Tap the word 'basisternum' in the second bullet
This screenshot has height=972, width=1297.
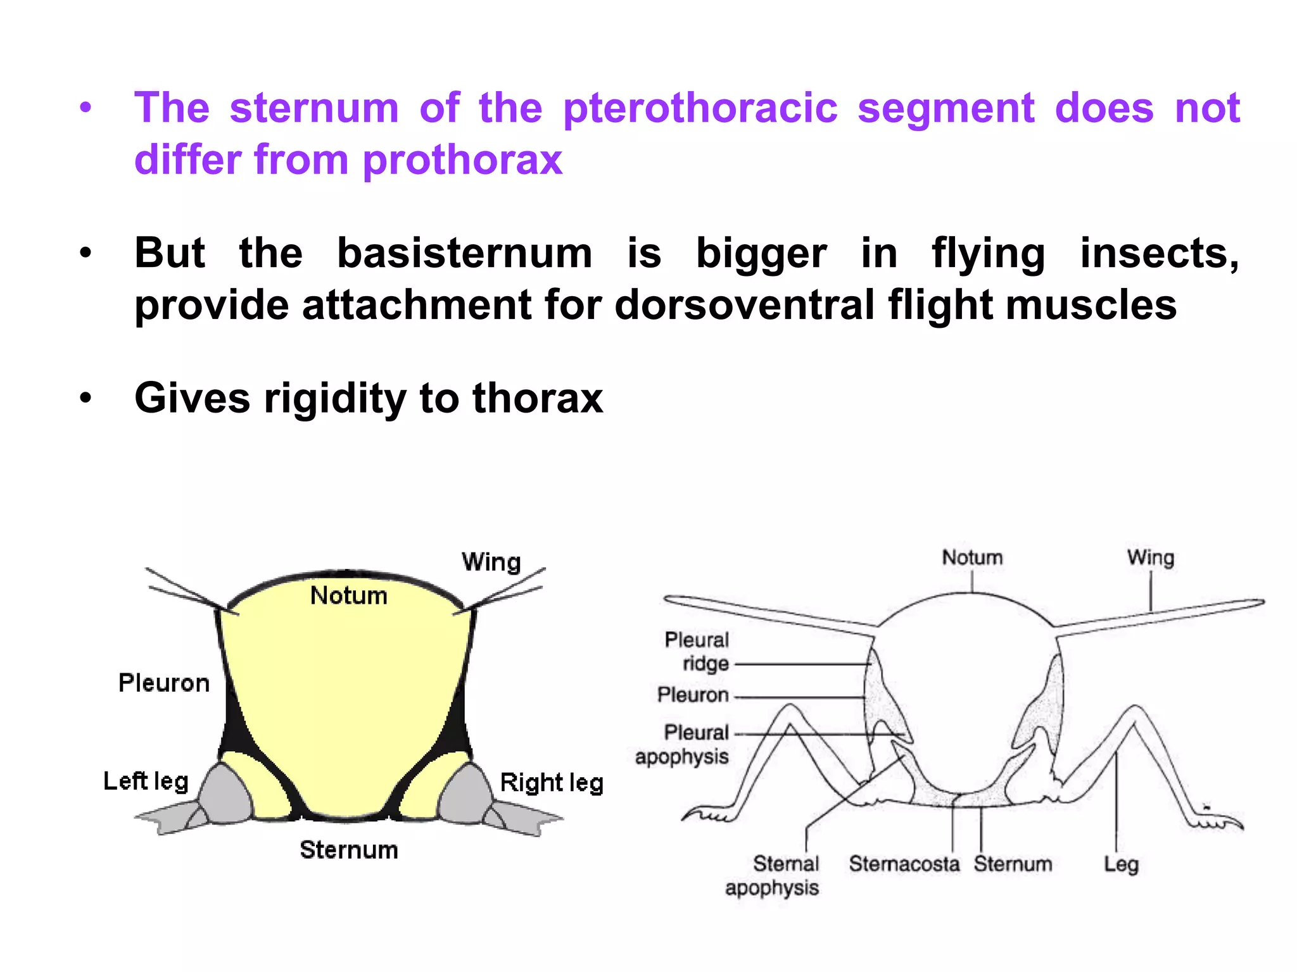coord(464,254)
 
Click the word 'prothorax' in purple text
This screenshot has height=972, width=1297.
coord(462,159)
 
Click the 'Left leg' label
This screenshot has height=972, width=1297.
coord(146,782)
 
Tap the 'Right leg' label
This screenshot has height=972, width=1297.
coord(551,783)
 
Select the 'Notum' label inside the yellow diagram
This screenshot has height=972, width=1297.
coord(348,595)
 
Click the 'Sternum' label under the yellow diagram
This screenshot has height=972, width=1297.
coord(349,850)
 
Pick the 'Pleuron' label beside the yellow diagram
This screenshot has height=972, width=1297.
coord(164,683)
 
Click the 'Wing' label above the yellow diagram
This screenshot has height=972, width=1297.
coord(491,562)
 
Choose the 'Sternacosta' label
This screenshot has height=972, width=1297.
coord(904,864)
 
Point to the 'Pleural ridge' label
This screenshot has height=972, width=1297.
coord(697,652)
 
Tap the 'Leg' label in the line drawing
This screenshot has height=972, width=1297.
coord(1121,864)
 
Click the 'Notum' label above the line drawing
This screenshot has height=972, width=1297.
coord(972,558)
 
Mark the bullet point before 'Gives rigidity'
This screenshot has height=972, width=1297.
coord(85,399)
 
